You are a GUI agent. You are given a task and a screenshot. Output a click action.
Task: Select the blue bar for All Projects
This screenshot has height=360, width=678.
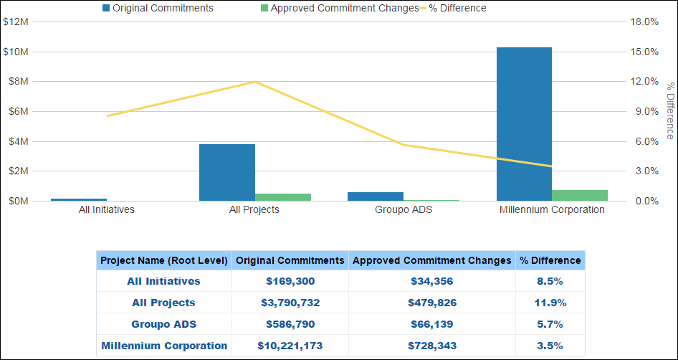pyautogui.click(x=227, y=172)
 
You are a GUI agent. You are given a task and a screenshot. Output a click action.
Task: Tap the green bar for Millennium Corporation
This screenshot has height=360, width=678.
pyautogui.click(x=580, y=195)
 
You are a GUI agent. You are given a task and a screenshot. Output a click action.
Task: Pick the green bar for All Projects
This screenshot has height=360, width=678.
pyautogui.click(x=283, y=197)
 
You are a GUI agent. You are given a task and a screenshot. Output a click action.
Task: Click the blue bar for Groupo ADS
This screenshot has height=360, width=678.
pyautogui.click(x=376, y=196)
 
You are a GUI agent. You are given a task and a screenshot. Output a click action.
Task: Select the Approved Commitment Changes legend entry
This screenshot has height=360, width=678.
pyautogui.click(x=340, y=9)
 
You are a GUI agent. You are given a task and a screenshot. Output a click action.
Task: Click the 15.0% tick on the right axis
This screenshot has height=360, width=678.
pyautogui.click(x=644, y=52)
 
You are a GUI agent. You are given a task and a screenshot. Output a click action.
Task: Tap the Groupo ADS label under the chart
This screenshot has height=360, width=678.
pyautogui.click(x=404, y=210)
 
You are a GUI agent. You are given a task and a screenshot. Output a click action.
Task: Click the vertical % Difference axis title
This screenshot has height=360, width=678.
pyautogui.click(x=670, y=111)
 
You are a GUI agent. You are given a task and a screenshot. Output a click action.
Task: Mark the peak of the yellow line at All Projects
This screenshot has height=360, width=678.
pyautogui.click(x=255, y=82)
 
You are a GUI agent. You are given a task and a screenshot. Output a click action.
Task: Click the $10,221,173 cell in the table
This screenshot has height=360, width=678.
pyautogui.click(x=290, y=346)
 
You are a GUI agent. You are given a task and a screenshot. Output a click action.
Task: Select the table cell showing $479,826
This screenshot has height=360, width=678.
pyautogui.click(x=432, y=303)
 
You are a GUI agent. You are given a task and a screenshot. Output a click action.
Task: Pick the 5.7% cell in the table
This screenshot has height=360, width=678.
pyautogui.click(x=550, y=324)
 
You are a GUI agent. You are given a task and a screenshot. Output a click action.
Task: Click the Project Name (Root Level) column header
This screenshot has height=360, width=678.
pyautogui.click(x=164, y=260)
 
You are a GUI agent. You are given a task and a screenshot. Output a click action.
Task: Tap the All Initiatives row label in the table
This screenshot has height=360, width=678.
pyautogui.click(x=164, y=281)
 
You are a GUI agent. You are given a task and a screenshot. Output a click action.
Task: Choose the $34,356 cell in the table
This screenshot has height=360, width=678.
pyautogui.click(x=432, y=281)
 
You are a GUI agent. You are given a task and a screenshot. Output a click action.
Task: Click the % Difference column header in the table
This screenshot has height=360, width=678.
pyautogui.click(x=550, y=260)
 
